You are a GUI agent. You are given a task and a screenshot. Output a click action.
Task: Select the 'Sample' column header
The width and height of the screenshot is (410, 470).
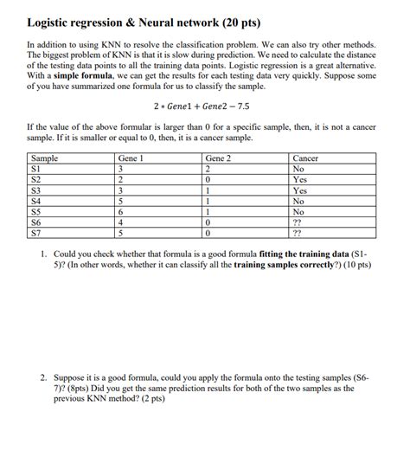[44, 158]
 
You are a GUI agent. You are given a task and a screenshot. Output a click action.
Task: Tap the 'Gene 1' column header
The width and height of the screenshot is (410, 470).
[131, 158]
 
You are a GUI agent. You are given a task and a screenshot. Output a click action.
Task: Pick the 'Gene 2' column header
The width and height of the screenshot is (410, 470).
[219, 158]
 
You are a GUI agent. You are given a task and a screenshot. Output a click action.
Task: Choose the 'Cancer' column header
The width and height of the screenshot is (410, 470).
[306, 158]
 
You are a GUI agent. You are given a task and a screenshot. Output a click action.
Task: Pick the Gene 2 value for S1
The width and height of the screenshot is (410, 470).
[208, 170]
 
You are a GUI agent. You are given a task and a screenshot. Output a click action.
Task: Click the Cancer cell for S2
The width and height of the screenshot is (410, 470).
[301, 180]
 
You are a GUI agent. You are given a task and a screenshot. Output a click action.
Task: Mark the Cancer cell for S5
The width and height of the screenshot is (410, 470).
[299, 211]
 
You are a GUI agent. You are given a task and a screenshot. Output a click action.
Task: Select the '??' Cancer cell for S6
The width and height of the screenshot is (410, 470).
[298, 222]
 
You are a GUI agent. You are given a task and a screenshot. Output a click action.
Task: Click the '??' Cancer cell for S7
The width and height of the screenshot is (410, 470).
[298, 232]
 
